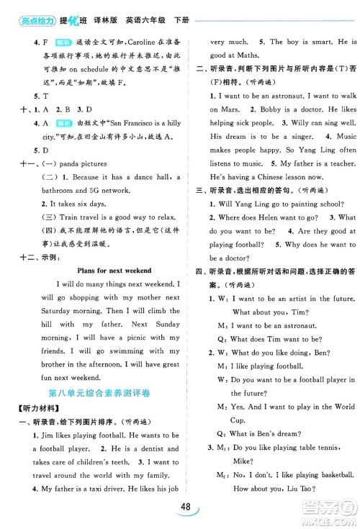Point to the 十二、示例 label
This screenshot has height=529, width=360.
coord(34,257)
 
